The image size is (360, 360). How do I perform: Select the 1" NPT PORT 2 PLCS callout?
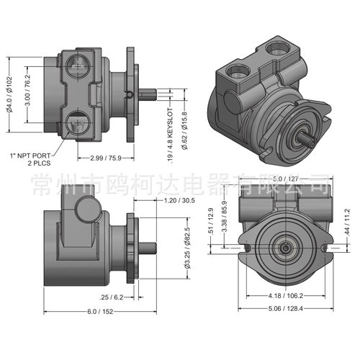click(x=31, y=160)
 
